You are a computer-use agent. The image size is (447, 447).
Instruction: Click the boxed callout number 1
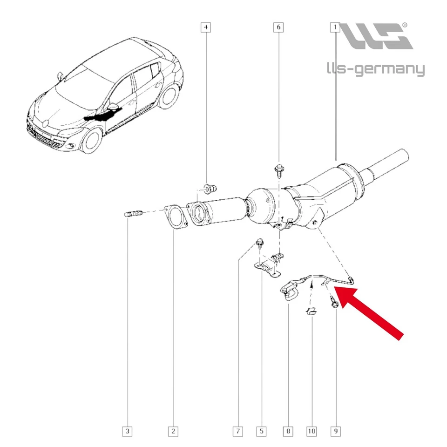[x=335, y=27]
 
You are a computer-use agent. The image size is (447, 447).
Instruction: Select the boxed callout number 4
[x=205, y=27]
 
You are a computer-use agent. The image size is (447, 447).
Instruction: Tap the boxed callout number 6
[x=278, y=27]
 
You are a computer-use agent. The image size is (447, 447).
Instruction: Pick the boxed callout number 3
[x=127, y=432]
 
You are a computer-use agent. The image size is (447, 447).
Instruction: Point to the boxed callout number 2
[x=173, y=432]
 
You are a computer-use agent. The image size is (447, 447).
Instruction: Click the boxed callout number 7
[x=238, y=432]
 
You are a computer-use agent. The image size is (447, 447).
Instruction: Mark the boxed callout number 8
[x=288, y=432]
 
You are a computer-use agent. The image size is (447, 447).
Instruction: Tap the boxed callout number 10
[x=312, y=432]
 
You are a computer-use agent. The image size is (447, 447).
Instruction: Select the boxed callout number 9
[x=335, y=432]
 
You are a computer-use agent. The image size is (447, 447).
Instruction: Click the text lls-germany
[x=375, y=70]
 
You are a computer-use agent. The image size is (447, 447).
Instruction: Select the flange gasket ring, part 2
[x=175, y=217]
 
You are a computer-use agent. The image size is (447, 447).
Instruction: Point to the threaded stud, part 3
[x=133, y=214]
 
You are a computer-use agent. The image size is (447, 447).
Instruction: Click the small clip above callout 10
[x=311, y=311]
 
